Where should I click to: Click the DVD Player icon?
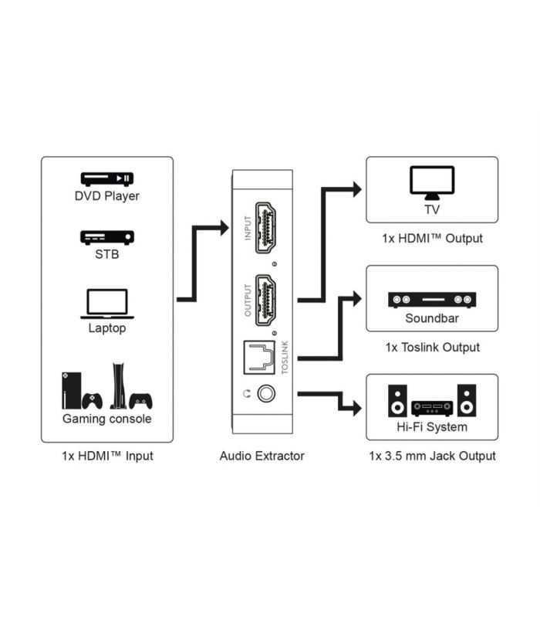click(106, 178)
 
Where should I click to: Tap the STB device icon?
click(106, 237)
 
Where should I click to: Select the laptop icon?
click(106, 303)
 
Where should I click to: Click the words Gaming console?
click(106, 419)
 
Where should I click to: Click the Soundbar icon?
click(431, 300)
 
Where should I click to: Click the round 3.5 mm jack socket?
click(267, 393)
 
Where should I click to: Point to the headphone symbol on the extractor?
click(246, 393)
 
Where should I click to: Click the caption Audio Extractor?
click(262, 456)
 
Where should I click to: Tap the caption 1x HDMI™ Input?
click(107, 456)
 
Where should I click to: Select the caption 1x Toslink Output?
click(432, 347)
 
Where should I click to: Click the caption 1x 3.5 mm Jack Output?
click(432, 456)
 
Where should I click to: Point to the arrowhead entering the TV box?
click(356, 188)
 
